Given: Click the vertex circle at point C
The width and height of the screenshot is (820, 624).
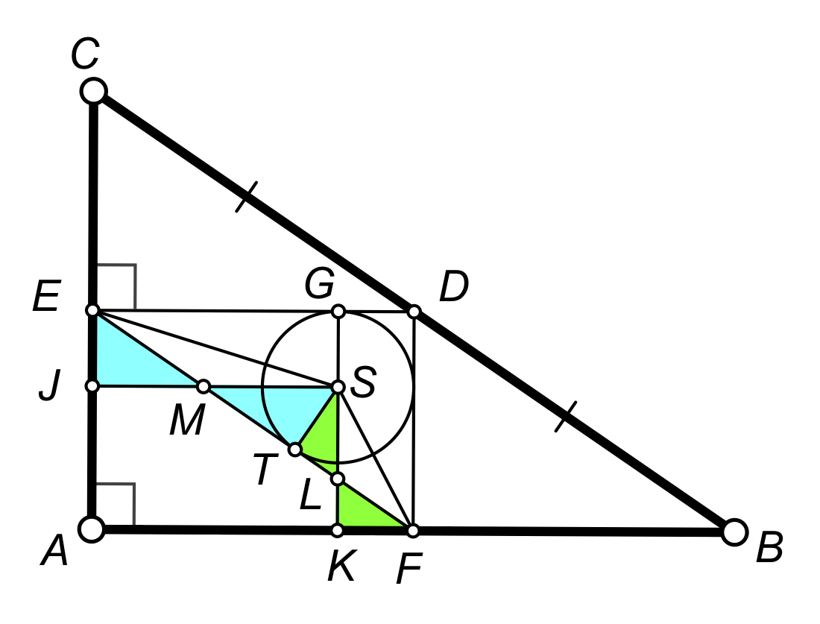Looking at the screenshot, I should (94, 91).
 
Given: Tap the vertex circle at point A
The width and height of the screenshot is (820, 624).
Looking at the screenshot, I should (92, 529).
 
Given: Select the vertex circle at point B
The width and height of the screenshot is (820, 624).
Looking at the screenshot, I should (734, 532).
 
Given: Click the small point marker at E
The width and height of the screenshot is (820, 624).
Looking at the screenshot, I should (92, 310).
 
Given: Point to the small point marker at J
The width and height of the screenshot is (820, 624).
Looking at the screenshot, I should (92, 386).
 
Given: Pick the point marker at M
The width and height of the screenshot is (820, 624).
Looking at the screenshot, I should (203, 386).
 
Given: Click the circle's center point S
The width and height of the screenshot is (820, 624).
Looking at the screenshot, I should (338, 387).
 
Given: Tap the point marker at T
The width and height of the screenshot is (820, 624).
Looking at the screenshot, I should (295, 449).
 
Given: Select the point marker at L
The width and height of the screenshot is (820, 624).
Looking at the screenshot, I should (338, 478).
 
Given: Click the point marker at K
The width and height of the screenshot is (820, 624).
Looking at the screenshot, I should (338, 530).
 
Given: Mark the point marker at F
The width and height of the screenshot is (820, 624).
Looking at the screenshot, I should (414, 530).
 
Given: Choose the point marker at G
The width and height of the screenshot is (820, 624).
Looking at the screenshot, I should (338, 310).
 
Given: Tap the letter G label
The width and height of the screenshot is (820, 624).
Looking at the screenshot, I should (319, 284).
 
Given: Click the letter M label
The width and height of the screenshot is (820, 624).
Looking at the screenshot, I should (186, 423).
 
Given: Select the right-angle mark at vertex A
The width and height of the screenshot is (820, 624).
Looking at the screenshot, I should (119, 499).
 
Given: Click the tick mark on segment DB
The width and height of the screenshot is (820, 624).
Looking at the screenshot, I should (567, 416).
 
